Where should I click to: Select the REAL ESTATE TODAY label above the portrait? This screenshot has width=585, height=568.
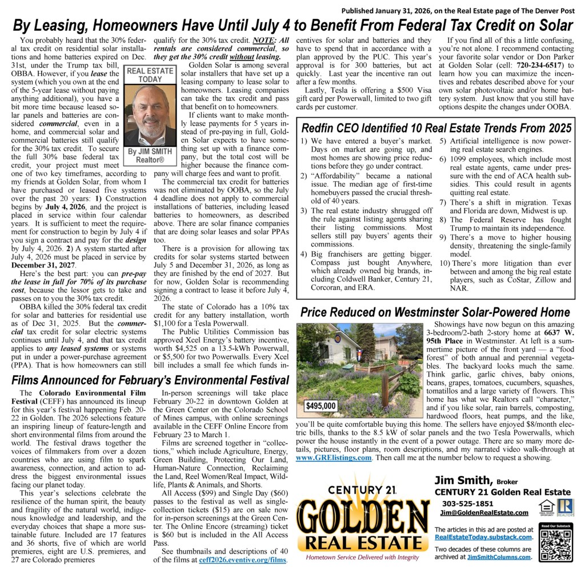pos(150,75)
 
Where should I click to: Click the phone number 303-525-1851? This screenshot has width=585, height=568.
pos(467,503)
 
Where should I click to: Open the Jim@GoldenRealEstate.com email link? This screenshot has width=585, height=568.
pos(483,513)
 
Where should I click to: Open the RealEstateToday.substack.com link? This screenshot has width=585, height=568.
pos(483,537)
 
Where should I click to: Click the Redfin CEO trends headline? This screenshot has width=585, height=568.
pos(436,128)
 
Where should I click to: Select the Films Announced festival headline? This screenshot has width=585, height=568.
pos(150,381)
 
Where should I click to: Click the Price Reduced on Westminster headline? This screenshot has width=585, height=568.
pos(435,312)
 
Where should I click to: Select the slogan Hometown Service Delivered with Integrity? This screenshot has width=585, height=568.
pos(363,557)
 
